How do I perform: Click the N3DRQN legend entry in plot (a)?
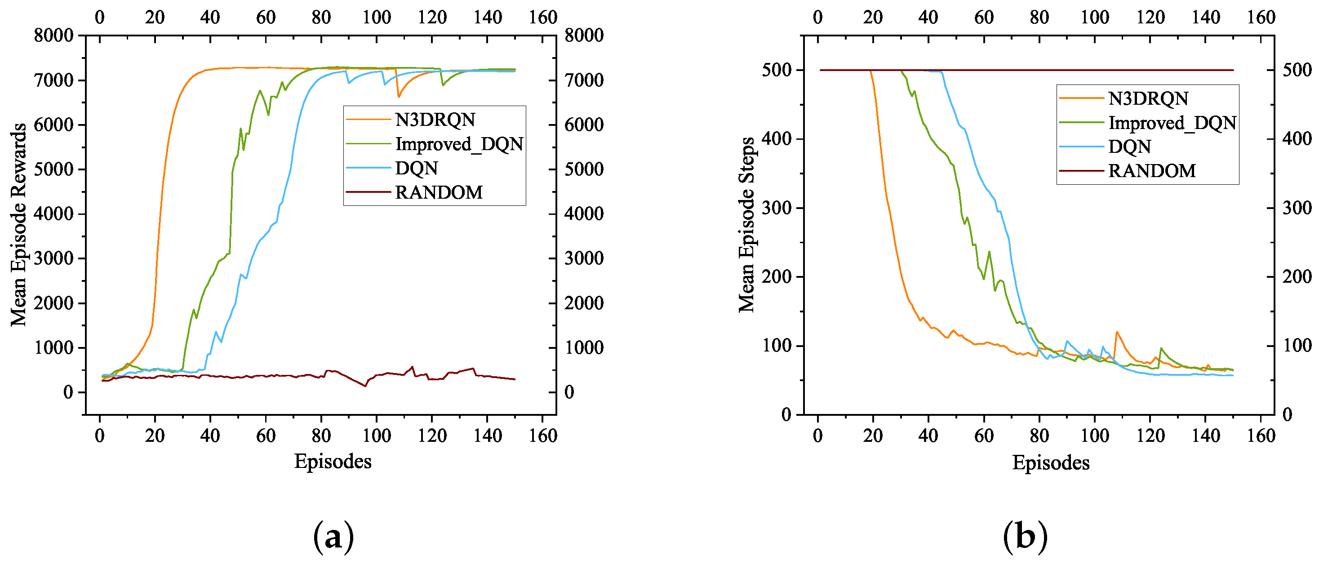(435, 120)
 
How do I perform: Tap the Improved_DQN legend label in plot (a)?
(459, 144)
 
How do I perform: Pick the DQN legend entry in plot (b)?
(1129, 147)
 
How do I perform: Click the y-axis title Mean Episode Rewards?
(18, 224)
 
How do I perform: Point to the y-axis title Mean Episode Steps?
(746, 224)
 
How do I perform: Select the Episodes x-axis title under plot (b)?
(1050, 463)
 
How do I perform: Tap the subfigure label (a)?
(333, 537)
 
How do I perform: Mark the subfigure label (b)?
(1025, 537)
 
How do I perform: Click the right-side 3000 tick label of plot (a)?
(584, 258)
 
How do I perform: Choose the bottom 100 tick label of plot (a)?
(376, 436)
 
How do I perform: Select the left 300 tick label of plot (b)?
(776, 208)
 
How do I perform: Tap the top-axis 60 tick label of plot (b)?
(984, 17)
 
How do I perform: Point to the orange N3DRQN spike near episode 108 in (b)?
(1117, 332)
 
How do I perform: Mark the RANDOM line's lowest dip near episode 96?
(365, 386)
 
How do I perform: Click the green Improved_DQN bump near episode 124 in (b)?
(1161, 348)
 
